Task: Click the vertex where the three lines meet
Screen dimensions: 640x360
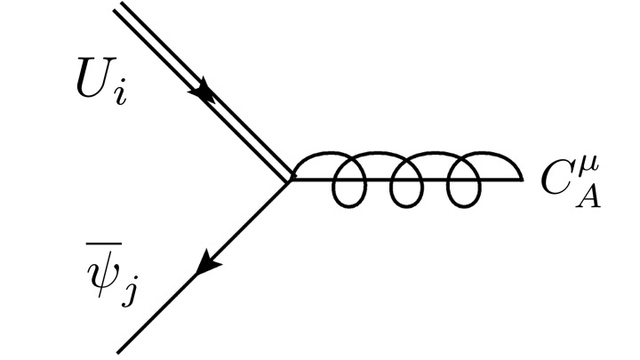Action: pyautogui.click(x=290, y=180)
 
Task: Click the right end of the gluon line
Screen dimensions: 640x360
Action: pyautogui.click(x=522, y=180)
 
